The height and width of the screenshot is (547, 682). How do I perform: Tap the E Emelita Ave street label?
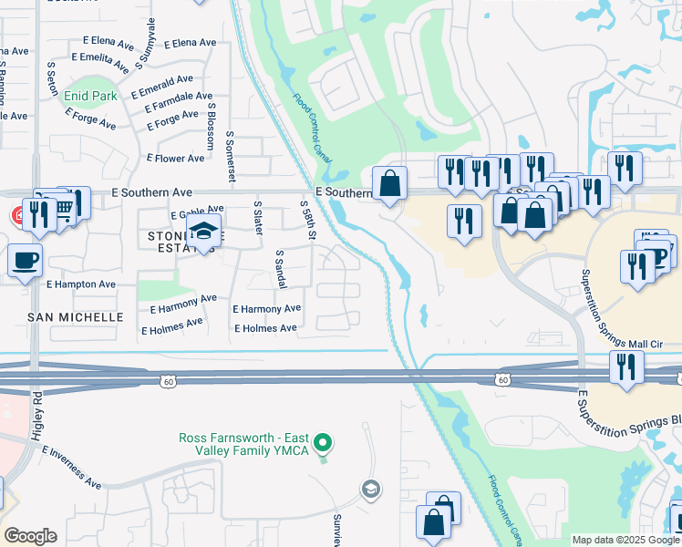(111, 59)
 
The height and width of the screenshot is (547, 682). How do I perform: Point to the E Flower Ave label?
(176, 159)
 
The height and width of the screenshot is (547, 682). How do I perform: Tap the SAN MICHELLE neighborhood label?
(76, 317)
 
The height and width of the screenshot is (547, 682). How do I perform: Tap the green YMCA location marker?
(321, 444)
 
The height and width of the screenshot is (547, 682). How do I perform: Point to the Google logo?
(30, 536)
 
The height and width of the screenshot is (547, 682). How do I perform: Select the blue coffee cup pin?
(25, 260)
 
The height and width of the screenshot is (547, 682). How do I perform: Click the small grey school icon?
(368, 490)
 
